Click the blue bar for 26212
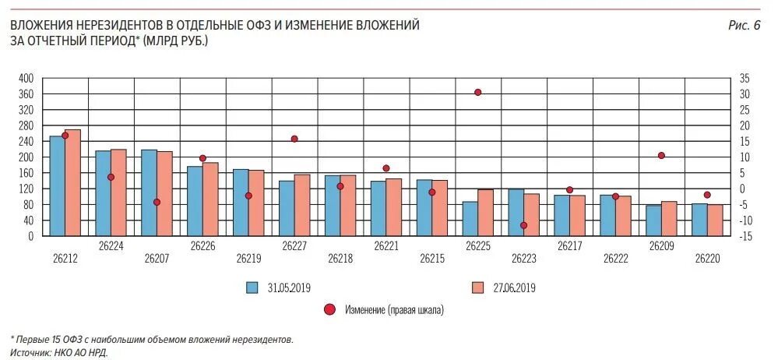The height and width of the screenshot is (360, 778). click(x=57, y=186)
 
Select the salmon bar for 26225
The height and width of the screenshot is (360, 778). click(x=485, y=212)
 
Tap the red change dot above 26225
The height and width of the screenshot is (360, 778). click(x=477, y=92)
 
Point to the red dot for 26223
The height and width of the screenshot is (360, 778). click(x=523, y=225)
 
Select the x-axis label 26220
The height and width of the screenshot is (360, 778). click(x=707, y=259)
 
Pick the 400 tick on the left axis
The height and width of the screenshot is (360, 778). click(x=26, y=78)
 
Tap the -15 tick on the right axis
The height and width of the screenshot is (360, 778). click(x=745, y=236)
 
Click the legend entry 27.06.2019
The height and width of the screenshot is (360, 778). click(x=514, y=288)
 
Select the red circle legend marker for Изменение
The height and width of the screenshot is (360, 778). click(x=329, y=310)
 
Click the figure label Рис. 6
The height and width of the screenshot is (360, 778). click(x=744, y=26)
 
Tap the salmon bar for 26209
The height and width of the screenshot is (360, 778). click(x=669, y=219)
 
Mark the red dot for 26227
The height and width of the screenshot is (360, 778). click(x=294, y=139)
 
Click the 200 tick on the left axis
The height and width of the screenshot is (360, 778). click(x=26, y=157)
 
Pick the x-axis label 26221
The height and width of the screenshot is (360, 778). click(x=386, y=245)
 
